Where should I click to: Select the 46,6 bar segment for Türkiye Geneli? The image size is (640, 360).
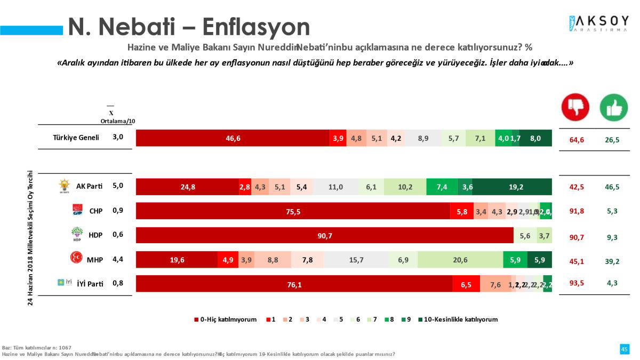click(x=233, y=138)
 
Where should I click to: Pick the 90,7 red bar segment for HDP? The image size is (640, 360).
click(x=324, y=236)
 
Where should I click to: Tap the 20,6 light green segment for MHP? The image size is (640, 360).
click(x=460, y=260)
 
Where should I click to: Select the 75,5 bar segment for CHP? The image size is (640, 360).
click(x=293, y=211)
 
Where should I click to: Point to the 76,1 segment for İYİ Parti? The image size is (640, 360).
click(x=294, y=284)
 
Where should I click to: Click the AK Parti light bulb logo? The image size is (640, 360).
click(x=64, y=186)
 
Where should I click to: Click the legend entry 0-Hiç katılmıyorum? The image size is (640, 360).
click(x=225, y=319)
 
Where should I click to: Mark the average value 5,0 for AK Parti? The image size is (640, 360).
click(x=118, y=186)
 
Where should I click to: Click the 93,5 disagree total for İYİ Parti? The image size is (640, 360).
click(x=577, y=283)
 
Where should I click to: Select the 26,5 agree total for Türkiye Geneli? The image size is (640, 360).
click(x=612, y=140)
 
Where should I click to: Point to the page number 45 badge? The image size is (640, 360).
click(x=624, y=349)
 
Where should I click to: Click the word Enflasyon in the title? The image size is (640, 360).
click(x=256, y=27)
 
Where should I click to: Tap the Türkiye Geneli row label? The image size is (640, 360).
click(x=76, y=138)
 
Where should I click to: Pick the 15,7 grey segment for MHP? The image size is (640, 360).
click(x=356, y=260)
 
